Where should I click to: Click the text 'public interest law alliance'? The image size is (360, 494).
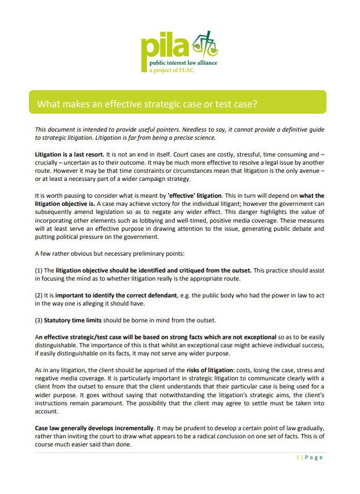point(183,63)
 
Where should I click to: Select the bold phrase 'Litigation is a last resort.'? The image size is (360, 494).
point(70,155)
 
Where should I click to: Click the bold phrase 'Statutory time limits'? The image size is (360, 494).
point(74,321)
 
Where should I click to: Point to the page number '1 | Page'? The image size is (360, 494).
point(309,457)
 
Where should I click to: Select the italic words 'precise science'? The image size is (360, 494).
point(194,137)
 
